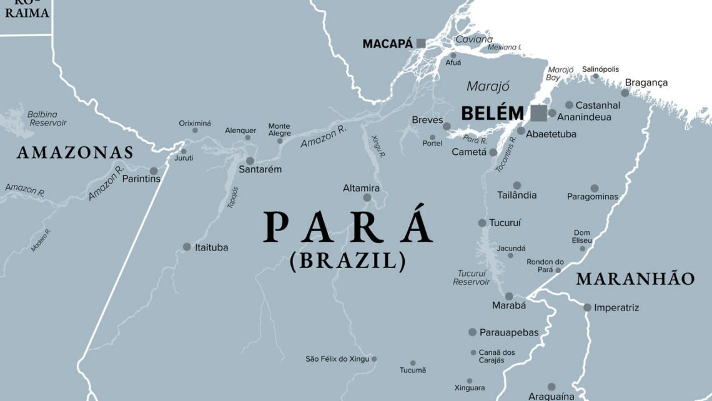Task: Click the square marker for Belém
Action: click(x=538, y=113)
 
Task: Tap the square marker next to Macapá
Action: click(x=421, y=43)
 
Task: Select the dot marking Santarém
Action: click(x=250, y=161)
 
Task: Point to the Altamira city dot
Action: click(x=367, y=198)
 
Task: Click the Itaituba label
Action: click(x=212, y=247)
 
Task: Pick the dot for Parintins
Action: click(x=153, y=171)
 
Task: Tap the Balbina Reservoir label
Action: click(x=47, y=119)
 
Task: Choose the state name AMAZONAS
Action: click(x=75, y=152)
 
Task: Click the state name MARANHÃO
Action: click(x=635, y=279)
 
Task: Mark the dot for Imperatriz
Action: click(x=587, y=307)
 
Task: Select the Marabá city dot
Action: click(x=509, y=296)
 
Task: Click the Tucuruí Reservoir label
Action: click(x=472, y=277)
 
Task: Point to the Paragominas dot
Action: click(x=594, y=188)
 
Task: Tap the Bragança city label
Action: click(x=646, y=82)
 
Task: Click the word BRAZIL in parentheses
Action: click(x=348, y=260)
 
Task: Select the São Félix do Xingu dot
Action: click(x=374, y=359)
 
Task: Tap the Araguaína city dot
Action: click(x=551, y=387)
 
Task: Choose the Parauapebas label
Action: click(x=508, y=332)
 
